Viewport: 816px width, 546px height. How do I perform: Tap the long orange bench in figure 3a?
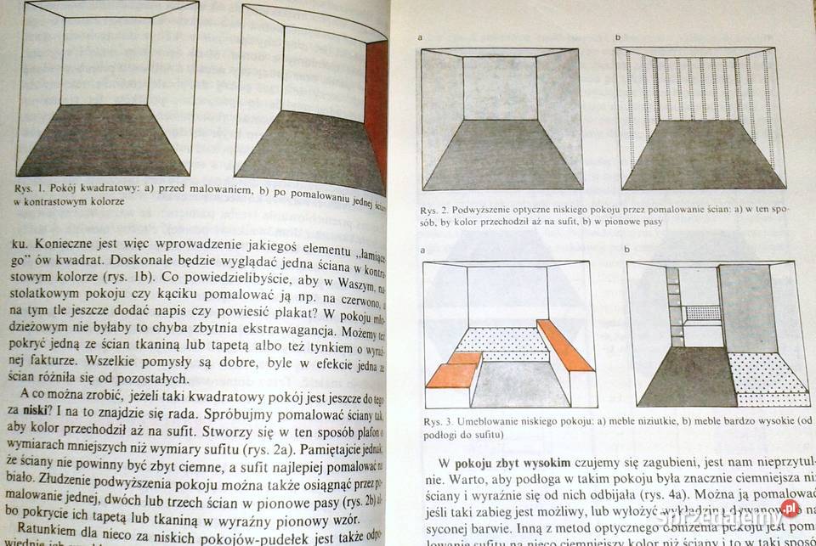coord(564,345)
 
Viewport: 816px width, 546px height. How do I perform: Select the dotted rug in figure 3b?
coord(768,374)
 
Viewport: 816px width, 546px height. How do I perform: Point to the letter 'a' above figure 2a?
coord(421,38)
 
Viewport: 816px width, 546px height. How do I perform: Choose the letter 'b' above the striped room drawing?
coord(618,38)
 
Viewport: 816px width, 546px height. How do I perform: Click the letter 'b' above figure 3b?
coord(627,250)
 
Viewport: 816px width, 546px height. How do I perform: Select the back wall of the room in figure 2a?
coord(500,88)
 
